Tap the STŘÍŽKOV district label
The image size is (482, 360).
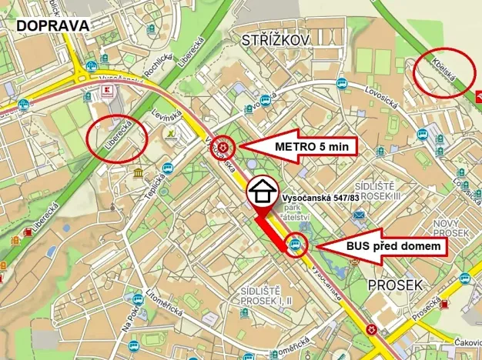click(275, 39)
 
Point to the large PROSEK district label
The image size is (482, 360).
click(395, 285)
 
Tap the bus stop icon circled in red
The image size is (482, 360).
click(295, 246)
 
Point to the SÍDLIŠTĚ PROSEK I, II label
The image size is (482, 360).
click(266, 295)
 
